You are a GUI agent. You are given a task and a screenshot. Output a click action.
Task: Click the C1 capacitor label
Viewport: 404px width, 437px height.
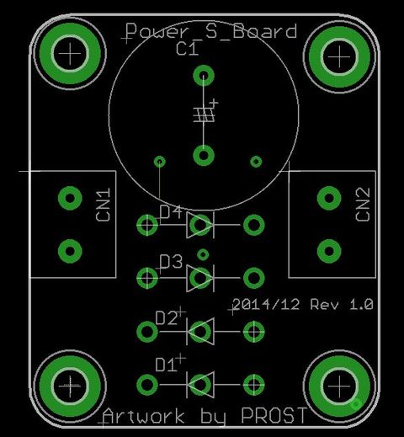(187, 48)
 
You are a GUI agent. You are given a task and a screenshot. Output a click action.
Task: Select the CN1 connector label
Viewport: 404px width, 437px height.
(103, 205)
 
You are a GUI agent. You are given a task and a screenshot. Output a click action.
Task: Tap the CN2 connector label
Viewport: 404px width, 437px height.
(363, 204)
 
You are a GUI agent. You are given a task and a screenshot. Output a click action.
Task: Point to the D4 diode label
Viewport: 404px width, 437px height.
(171, 212)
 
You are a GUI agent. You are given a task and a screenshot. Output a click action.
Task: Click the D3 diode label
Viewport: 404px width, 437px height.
(171, 261)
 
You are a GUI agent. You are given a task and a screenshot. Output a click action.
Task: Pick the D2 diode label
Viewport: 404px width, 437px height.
(167, 318)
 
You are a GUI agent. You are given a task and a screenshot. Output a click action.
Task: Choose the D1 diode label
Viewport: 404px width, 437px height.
(166, 365)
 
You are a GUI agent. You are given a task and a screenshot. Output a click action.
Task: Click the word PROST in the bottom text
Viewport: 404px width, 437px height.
(274, 415)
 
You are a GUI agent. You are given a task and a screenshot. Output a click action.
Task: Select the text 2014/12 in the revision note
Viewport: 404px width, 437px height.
(266, 304)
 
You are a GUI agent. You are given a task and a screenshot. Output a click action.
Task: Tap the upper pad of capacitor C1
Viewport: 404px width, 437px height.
(204, 76)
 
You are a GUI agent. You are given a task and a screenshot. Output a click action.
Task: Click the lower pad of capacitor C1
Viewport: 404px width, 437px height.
(204, 155)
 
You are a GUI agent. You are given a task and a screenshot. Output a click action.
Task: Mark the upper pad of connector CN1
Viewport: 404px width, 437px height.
(70, 198)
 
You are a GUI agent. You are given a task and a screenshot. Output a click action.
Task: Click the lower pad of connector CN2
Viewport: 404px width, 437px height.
(329, 251)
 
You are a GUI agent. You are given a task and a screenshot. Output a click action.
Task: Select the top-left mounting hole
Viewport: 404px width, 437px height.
(70, 53)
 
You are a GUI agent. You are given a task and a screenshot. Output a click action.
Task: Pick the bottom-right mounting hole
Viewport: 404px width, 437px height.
(339, 386)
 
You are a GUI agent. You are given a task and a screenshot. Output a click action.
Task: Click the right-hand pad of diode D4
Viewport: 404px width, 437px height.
(254, 225)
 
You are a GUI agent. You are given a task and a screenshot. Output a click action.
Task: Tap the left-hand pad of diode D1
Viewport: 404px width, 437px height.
(147, 385)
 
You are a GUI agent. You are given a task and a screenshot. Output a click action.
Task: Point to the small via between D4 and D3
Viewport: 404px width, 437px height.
(203, 255)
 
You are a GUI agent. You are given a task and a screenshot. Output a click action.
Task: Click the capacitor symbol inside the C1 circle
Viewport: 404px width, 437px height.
(205, 115)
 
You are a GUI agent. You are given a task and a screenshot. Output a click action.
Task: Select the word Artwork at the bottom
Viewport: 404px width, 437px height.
(143, 416)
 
